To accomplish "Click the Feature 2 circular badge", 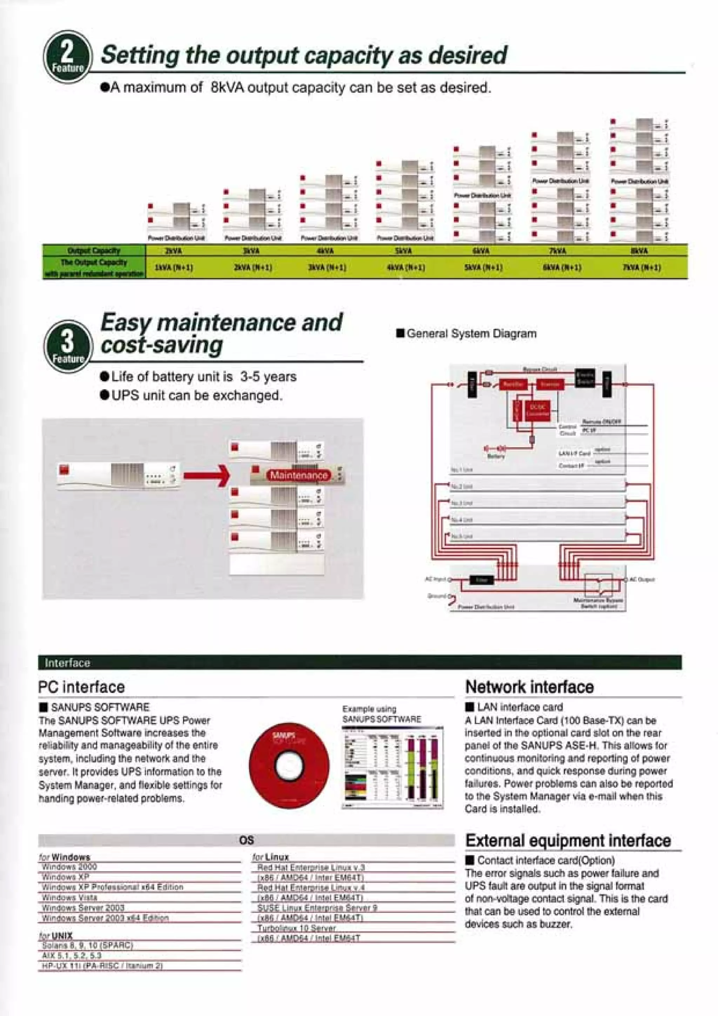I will (68, 57).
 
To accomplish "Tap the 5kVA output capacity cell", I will (403, 251).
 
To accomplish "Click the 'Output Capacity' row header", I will (94, 250).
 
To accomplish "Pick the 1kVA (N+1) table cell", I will (174, 268).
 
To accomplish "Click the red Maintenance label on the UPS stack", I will (299, 475).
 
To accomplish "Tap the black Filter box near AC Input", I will (481, 580).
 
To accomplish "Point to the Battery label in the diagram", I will (495, 456).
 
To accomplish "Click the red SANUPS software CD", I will (289, 766).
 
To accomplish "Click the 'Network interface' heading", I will (529, 687).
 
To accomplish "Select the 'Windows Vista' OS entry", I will (69, 897).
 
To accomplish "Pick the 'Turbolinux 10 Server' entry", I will (296, 928).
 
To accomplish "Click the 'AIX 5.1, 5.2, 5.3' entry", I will (72, 955).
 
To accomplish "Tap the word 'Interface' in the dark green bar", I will (67, 663).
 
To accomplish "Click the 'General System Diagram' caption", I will (471, 334).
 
